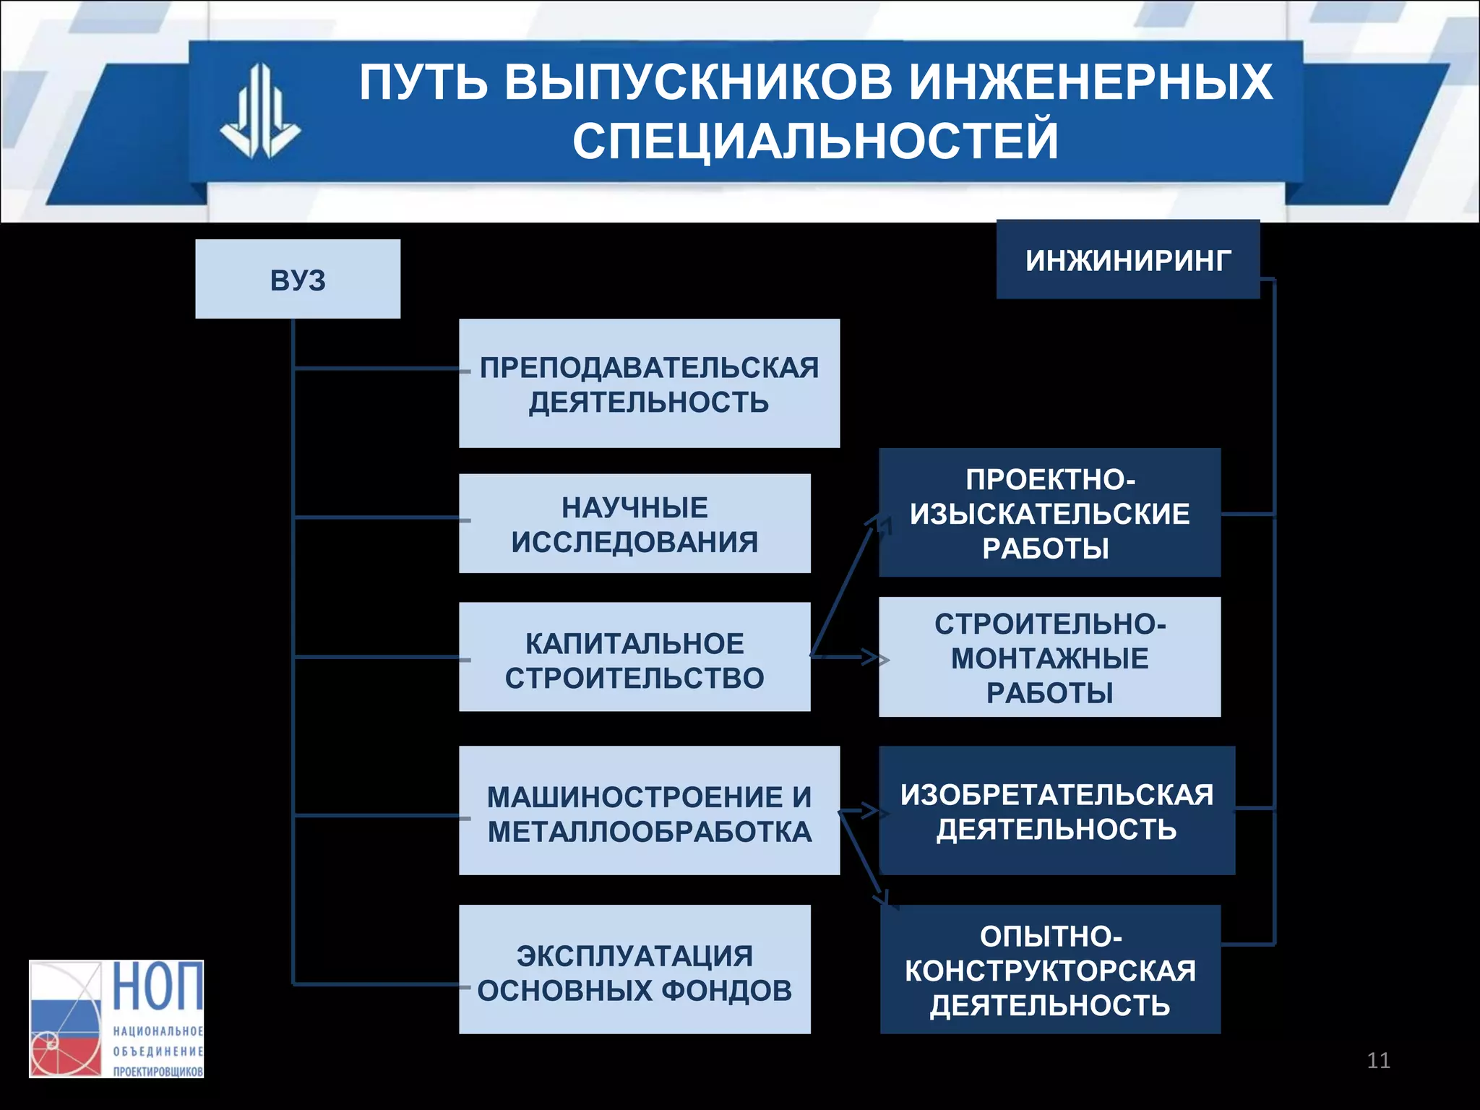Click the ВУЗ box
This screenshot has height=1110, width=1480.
pos(297,279)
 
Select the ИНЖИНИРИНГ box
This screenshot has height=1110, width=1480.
pos(1127,259)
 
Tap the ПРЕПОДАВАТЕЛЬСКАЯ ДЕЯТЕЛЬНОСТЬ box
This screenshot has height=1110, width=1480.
pos(649,384)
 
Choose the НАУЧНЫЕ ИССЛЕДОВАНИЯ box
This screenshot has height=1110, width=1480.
pos(634,524)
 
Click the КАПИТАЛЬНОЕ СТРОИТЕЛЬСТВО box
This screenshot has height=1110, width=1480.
pos(634,657)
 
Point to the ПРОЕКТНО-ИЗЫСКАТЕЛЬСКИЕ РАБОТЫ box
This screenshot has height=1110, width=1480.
pos(1049,513)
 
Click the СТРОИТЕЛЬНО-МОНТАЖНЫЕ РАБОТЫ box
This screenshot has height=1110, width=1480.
pos(1049,657)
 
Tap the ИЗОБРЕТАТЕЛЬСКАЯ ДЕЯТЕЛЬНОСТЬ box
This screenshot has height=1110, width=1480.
pos(1057,811)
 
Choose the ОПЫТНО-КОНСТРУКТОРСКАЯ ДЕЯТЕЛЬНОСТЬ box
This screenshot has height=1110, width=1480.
pos(1049,970)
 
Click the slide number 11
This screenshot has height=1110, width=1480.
pos(1378,1060)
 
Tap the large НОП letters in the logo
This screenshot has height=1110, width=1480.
pos(158,986)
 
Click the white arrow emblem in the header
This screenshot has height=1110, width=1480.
pos(260,112)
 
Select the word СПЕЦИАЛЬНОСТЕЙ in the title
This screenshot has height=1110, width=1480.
pos(815,141)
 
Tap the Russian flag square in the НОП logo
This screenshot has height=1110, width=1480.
pos(65,1019)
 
